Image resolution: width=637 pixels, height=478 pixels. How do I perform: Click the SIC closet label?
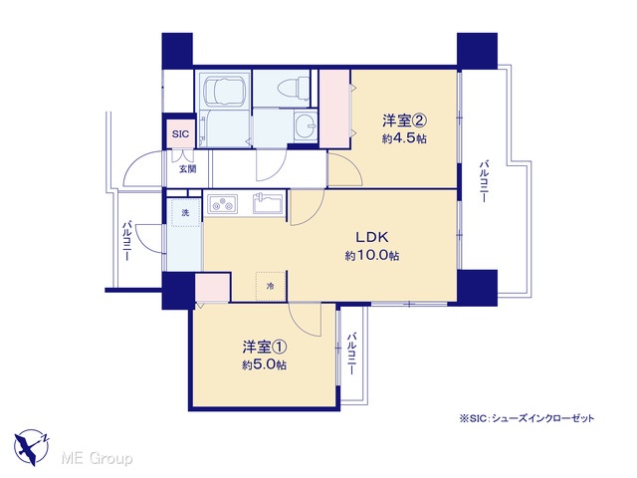(180, 133)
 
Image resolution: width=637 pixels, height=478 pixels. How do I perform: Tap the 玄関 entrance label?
(188, 168)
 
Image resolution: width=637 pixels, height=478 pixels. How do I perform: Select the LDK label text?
(372, 237)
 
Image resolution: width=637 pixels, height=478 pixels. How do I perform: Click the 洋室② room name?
(404, 120)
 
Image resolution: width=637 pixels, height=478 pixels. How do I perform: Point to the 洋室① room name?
(265, 348)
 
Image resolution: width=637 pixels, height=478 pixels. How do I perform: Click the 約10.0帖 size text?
(372, 256)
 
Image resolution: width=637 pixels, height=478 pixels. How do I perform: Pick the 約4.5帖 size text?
(404, 138)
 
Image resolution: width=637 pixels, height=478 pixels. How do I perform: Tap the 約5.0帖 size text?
(265, 365)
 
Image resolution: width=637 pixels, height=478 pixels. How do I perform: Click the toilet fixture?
(294, 88)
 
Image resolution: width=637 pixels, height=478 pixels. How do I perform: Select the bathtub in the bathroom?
(223, 91)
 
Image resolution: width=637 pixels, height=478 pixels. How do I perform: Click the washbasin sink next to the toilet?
(306, 124)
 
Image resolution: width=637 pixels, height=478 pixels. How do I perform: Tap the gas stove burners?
(222, 204)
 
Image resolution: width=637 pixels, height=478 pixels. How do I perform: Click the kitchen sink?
(268, 203)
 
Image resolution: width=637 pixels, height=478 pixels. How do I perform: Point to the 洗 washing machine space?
(186, 212)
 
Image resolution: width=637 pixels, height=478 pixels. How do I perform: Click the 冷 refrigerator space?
(271, 286)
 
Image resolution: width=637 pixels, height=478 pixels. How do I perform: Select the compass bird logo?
(32, 447)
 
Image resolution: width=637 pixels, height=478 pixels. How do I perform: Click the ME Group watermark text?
(97, 459)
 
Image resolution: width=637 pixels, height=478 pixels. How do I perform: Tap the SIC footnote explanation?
(527, 418)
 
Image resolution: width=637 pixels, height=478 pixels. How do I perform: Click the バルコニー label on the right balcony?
(485, 181)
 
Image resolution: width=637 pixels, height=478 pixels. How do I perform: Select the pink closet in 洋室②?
(334, 109)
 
